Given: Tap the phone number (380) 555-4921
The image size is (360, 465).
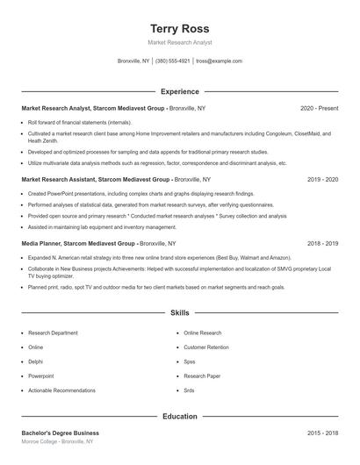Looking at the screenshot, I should click(x=173, y=61).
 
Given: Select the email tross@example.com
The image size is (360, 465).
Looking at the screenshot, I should click(x=219, y=61).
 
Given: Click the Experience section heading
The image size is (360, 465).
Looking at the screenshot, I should click(x=180, y=91).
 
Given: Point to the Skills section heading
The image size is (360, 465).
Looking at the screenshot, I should click(x=180, y=312).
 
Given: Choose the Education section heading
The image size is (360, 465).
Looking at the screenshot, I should click(x=180, y=418).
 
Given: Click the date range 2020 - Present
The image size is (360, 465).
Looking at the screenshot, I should click(x=319, y=108).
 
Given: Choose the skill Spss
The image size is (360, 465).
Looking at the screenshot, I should click(x=190, y=361).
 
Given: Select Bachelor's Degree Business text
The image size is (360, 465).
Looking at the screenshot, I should click(x=60, y=433).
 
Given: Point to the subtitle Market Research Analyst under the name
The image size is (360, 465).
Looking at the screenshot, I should click(x=180, y=42).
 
